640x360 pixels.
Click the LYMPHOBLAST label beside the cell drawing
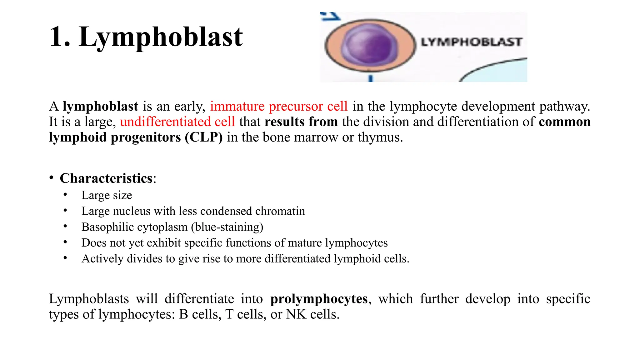coord(472,42)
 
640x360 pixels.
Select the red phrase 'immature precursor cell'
coord(279,107)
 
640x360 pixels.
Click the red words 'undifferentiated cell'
coord(177,122)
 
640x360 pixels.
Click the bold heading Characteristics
coord(106,178)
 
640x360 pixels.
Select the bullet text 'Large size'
coord(107,195)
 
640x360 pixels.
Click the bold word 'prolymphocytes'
coord(319,299)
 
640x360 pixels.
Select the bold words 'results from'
coord(301,122)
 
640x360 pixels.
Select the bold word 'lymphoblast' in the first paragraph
coord(100,107)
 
